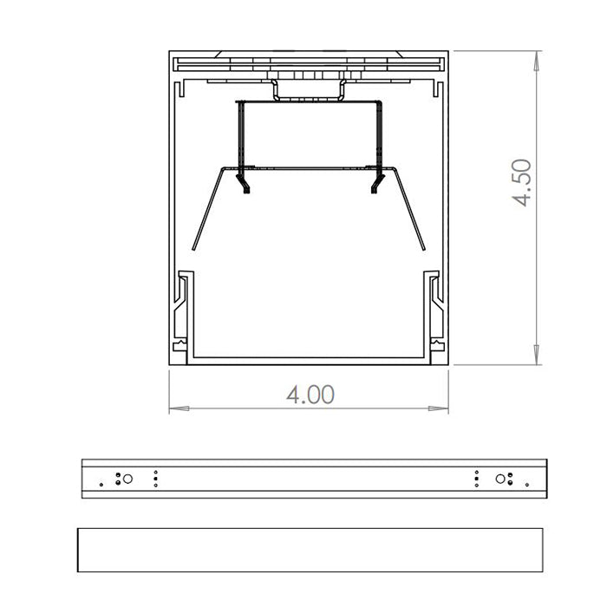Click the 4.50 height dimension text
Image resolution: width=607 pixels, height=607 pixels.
pos(521,182)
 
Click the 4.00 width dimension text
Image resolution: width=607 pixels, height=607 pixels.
pos(310,395)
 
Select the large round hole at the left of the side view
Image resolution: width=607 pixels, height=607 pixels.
pos(127,478)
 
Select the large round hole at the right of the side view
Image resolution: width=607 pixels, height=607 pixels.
pos(500,478)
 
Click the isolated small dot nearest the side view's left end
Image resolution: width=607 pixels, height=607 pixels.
pos(102,483)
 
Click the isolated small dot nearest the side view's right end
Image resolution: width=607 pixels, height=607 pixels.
pos(524,483)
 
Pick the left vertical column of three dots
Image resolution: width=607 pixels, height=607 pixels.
pos(155,478)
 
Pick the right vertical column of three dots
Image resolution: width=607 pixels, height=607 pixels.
pos(476,478)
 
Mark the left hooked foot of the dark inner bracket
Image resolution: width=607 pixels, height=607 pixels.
pos(245,187)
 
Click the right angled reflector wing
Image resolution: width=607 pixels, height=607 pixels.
pos(412,208)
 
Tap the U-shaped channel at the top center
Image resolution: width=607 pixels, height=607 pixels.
pos(309,92)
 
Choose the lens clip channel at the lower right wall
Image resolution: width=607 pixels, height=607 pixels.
pos(433,312)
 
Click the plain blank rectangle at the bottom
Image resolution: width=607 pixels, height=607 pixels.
pos(310,550)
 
